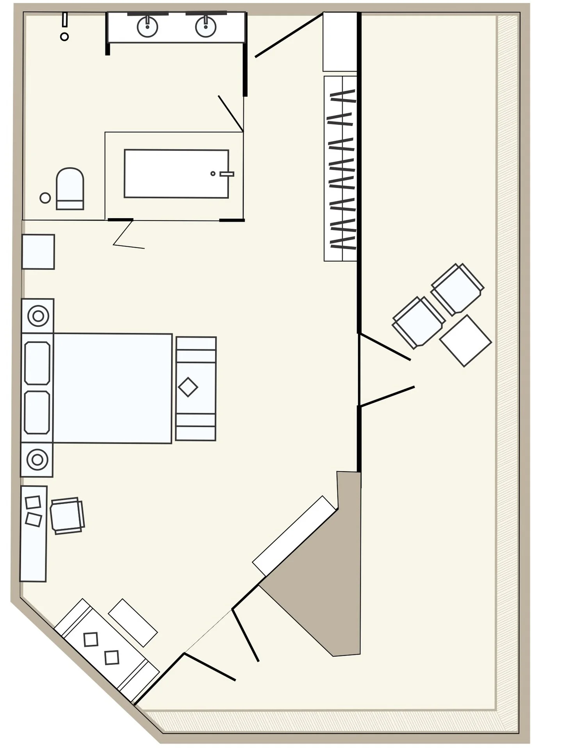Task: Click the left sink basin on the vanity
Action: pyautogui.click(x=147, y=27)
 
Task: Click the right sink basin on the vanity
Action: pyautogui.click(x=206, y=27)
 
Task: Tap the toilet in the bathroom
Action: pyautogui.click(x=70, y=189)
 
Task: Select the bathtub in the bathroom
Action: pyautogui.click(x=176, y=174)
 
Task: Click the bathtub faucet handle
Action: pyautogui.click(x=227, y=174)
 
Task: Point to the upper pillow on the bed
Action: pyautogui.click(x=37, y=363)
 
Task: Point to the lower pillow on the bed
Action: pyautogui.click(x=37, y=412)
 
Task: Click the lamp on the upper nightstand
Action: pyautogui.click(x=38, y=316)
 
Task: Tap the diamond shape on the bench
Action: pyautogui.click(x=188, y=387)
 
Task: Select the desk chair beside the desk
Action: pyautogui.click(x=67, y=516)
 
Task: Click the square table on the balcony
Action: pyautogui.click(x=465, y=341)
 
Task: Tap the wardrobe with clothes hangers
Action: pyautogui.click(x=340, y=169)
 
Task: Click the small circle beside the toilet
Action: pyautogui.click(x=45, y=198)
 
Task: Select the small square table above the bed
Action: pyautogui.click(x=38, y=252)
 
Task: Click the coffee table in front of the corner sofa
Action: pyautogui.click(x=133, y=623)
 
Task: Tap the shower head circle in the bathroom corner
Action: pyautogui.click(x=65, y=37)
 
